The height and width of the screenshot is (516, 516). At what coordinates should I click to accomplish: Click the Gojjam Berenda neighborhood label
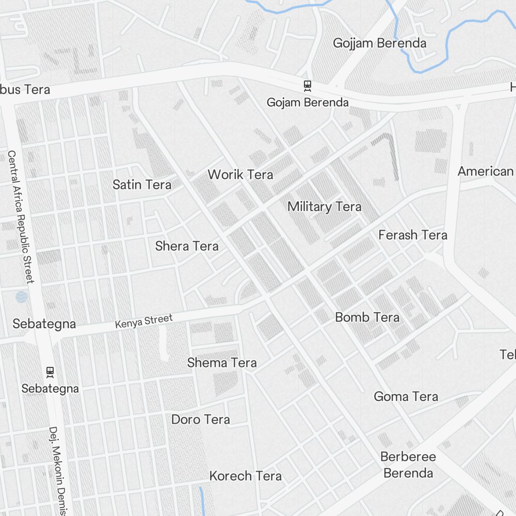380,43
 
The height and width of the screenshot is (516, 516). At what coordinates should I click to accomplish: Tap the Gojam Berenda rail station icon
308,86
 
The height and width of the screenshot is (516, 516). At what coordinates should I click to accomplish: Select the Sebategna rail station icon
50,372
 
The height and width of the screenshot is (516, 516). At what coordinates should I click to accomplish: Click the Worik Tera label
240,174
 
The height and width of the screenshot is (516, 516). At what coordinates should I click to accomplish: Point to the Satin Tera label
142,184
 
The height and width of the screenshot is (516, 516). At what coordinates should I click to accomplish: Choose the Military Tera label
325,207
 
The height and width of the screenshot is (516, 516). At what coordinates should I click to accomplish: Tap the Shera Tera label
187,246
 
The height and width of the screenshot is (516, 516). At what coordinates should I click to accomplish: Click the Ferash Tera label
413,235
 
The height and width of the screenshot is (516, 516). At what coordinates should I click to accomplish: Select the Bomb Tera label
367,317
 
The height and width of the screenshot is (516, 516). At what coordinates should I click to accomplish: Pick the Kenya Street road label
143,321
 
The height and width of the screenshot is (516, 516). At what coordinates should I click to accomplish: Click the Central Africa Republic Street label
21,217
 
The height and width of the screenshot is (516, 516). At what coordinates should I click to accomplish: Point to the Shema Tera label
222,363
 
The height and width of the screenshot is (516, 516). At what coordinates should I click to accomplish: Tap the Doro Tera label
201,420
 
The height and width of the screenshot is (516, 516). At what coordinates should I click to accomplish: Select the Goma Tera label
406,397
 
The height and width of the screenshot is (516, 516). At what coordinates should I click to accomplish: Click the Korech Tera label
246,476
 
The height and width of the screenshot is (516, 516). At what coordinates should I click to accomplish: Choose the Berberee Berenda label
408,465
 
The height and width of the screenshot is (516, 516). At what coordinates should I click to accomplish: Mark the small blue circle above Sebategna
22,297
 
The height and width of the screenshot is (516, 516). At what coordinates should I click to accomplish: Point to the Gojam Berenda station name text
308,102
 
